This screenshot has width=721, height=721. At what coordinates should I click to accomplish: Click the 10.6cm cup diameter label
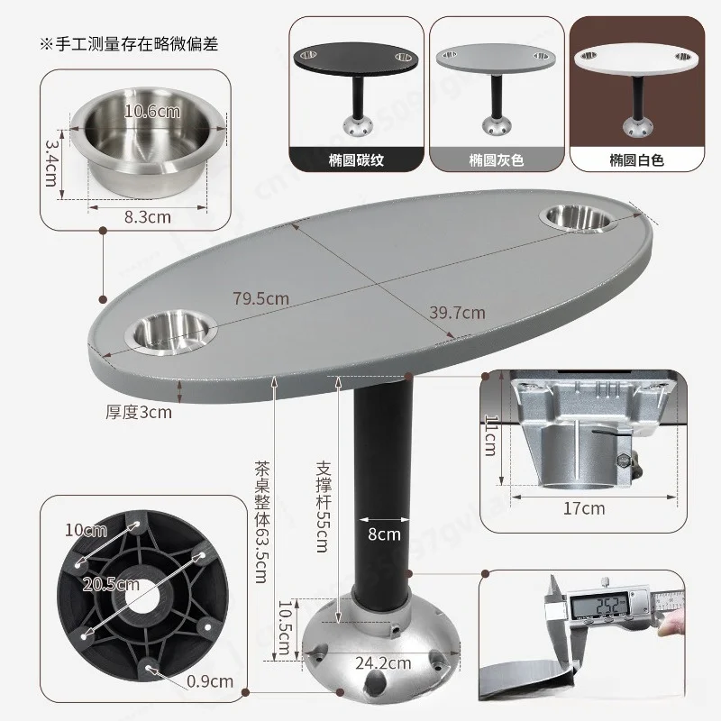152,111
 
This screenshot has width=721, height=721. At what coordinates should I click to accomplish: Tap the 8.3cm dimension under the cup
148,217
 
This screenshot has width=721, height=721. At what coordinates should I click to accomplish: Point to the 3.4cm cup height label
51,163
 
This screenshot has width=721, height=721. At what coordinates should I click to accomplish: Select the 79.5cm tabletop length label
260,298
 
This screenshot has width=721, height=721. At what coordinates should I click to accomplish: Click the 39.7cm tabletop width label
457,313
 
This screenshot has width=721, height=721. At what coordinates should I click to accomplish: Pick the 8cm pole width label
384,534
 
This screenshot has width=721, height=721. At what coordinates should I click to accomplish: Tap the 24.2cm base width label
383,663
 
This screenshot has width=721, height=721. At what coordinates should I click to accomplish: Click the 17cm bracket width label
584,508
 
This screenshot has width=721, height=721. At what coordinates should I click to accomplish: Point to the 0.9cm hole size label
210,681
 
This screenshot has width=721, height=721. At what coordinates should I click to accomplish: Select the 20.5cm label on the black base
111,584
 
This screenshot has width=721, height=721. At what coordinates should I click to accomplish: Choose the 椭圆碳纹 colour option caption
356,160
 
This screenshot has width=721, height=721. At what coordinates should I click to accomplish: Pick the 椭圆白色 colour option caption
637,160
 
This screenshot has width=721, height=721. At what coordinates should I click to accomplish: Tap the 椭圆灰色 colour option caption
497,160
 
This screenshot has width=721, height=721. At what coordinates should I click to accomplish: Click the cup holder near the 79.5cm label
170,332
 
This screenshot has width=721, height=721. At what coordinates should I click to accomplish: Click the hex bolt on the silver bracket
624,461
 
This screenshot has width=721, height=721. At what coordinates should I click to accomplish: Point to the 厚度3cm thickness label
139,413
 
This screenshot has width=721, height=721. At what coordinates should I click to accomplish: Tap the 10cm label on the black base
86,530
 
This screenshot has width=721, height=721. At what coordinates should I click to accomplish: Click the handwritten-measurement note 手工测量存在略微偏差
129,44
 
